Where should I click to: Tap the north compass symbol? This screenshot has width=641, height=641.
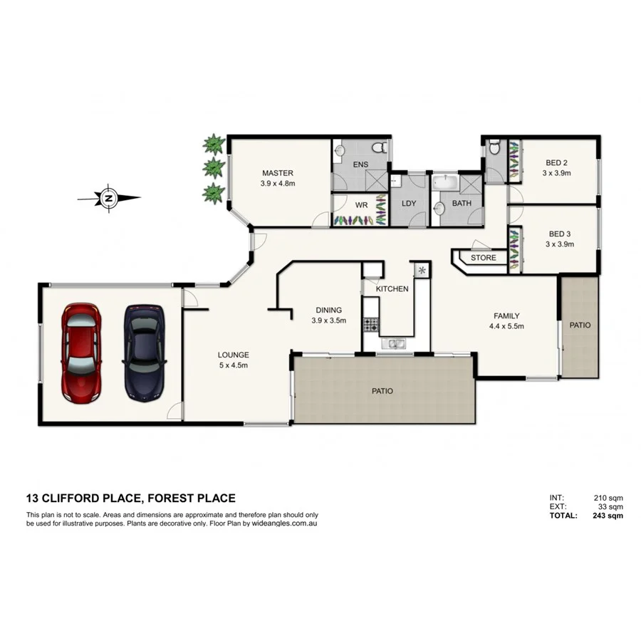click(x=109, y=198)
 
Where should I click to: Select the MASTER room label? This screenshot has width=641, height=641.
click(x=277, y=173)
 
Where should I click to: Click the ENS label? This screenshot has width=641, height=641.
click(x=361, y=165)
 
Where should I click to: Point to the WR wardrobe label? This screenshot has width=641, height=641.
click(x=361, y=204)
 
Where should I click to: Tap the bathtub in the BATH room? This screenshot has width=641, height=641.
click(x=447, y=183)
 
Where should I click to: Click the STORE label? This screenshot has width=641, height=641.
click(x=483, y=258)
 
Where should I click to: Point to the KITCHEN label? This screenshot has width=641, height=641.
click(x=392, y=288)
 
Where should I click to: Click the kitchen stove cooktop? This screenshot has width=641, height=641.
click(x=370, y=325)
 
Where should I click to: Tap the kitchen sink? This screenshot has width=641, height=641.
click(x=394, y=345)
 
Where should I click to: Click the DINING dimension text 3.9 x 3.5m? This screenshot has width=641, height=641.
click(x=328, y=320)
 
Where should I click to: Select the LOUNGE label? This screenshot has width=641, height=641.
click(x=233, y=355)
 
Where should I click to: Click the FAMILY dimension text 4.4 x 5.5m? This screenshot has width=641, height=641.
click(x=506, y=327)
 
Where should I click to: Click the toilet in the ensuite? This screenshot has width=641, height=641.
click(x=384, y=147)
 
